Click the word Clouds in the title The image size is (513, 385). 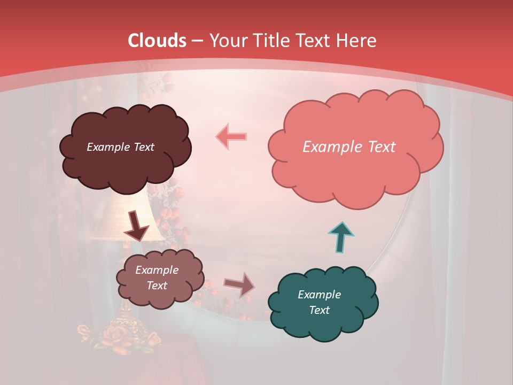(157, 41)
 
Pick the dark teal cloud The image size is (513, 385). (322, 302)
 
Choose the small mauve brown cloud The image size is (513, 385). (159, 278)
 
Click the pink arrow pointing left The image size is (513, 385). (231, 136)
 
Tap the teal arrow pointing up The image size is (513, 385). (341, 236)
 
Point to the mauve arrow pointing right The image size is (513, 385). (239, 284)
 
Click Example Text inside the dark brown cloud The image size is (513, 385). (120, 147)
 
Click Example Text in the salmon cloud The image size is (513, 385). (349, 147)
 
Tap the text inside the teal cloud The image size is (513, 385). (319, 302)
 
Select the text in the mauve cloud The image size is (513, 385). (157, 278)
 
